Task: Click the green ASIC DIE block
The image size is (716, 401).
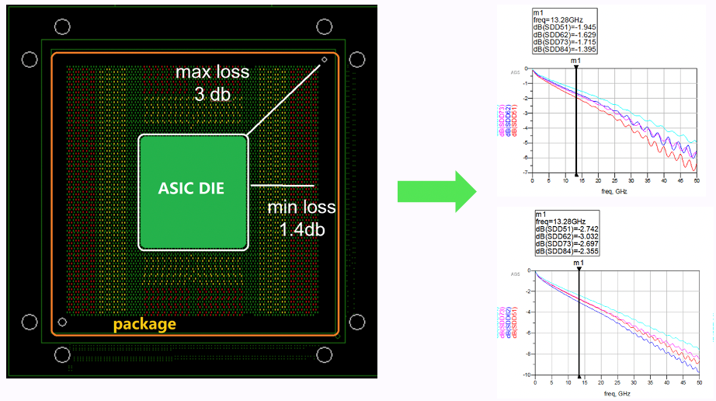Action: [193, 190]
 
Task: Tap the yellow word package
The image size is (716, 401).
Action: [145, 323]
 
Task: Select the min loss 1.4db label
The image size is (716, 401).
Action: [302, 218]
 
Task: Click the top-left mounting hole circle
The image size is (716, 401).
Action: [30, 59]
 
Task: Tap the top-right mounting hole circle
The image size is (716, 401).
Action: [357, 60]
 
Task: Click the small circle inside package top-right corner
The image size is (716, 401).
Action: [325, 60]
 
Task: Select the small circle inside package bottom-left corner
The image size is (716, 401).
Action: [63, 322]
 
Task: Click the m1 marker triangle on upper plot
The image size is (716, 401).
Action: [575, 68]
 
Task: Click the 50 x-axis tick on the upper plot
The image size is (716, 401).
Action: [697, 180]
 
